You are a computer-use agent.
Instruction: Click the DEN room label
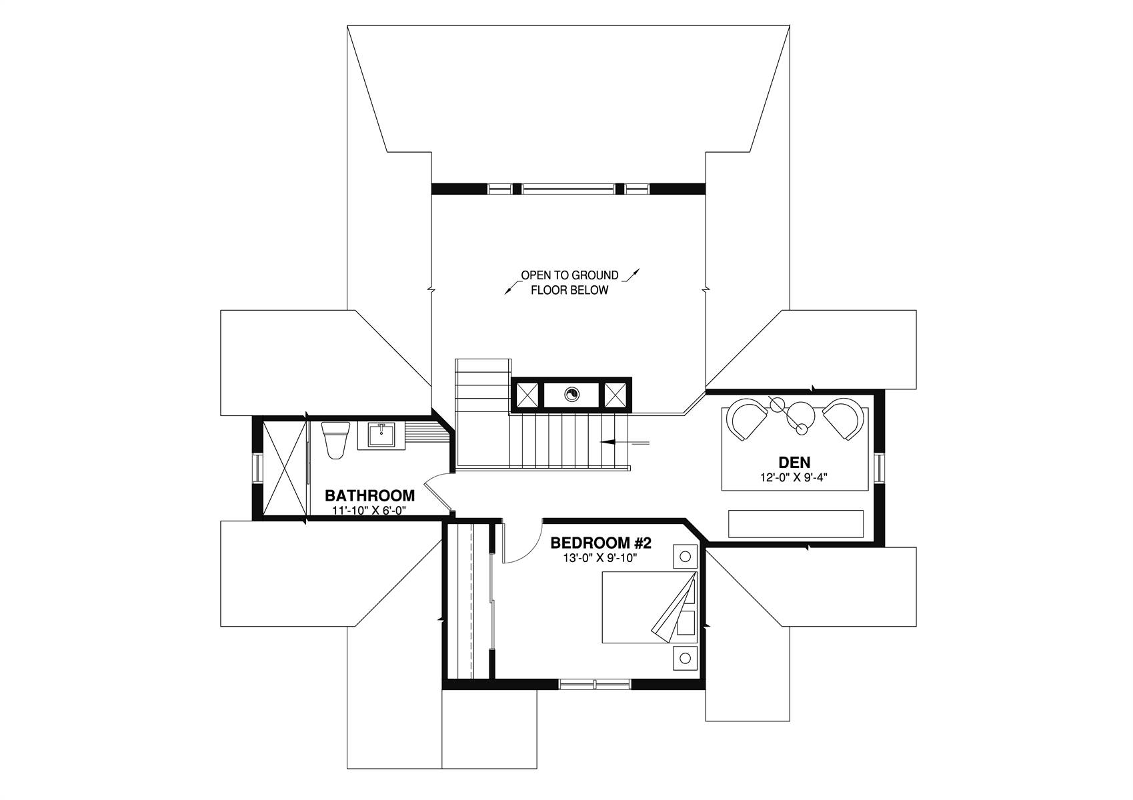coord(794,462)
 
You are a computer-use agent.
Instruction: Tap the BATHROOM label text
coord(369,495)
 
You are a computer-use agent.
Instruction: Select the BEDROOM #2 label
coord(601,543)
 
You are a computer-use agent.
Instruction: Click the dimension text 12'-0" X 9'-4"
coord(794,477)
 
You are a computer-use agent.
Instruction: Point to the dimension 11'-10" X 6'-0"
coord(369,510)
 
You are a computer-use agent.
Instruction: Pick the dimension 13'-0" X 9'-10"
coord(600,558)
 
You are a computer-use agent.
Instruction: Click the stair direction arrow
coord(624,442)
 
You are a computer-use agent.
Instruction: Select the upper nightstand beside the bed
coord(686,556)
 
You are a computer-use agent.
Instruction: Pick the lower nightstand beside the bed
coord(686,658)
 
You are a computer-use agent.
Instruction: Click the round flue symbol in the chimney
coord(572,394)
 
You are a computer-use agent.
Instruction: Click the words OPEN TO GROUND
coord(570,275)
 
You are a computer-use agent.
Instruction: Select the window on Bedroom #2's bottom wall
coord(596,684)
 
